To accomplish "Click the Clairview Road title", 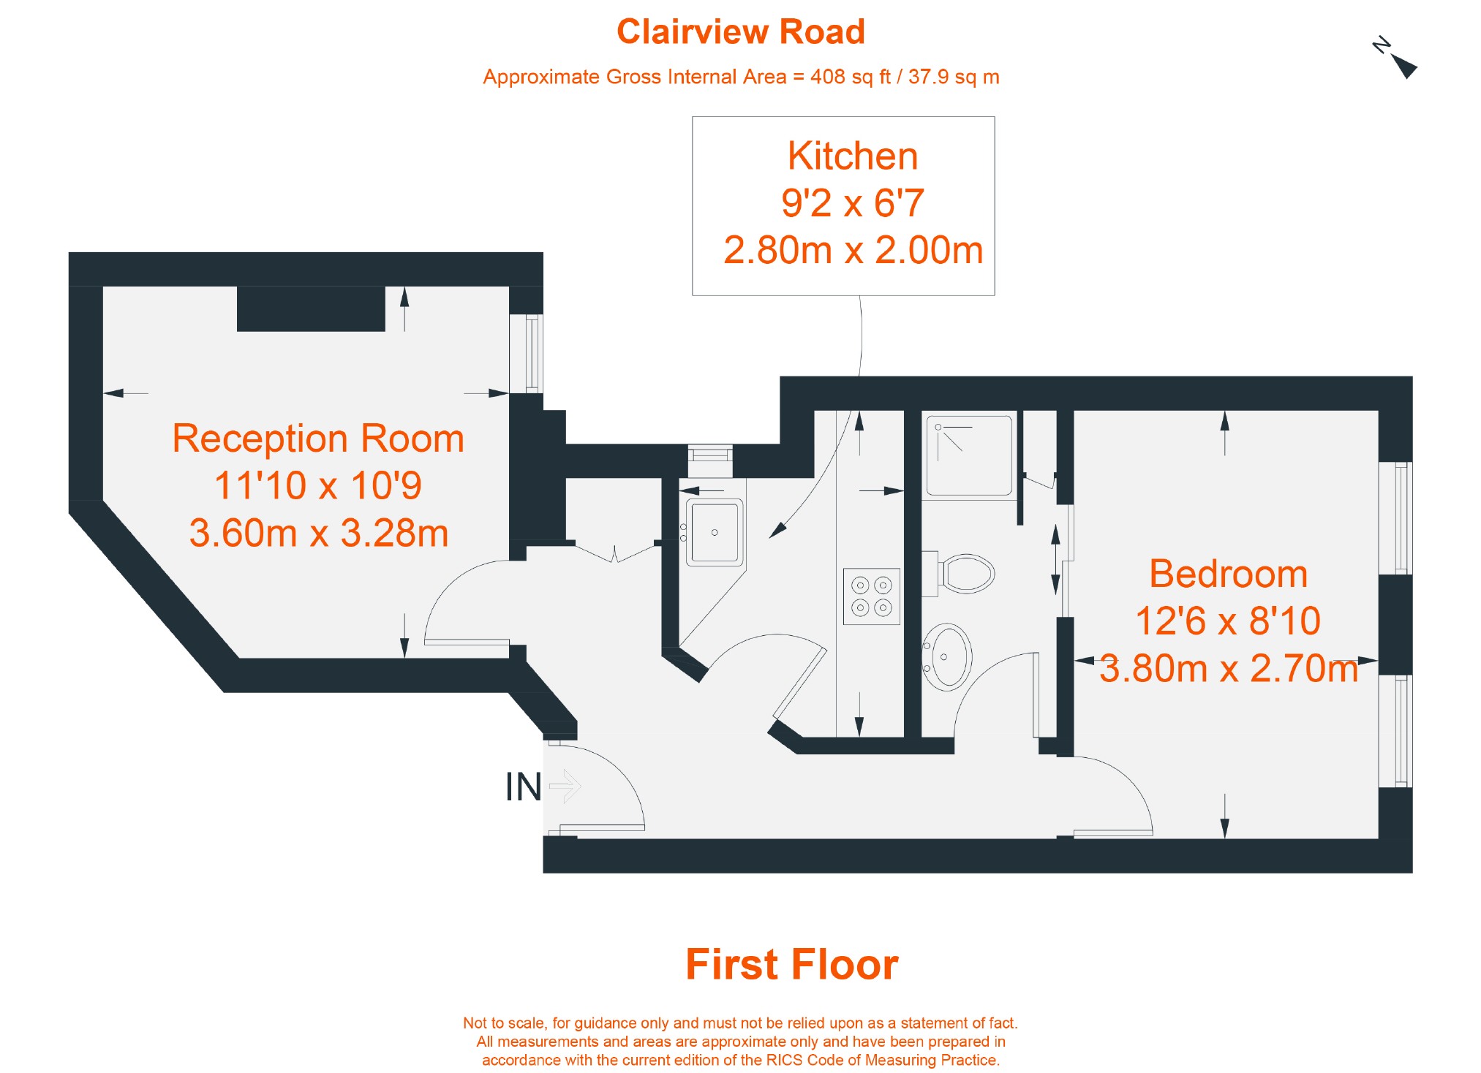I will pyautogui.click(x=740, y=32).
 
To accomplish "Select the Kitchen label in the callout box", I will pyautogui.click(x=852, y=156).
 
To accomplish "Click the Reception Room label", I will pyautogui.click(x=318, y=439).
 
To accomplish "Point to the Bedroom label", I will pyautogui.click(x=1228, y=574).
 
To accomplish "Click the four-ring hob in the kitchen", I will pyautogui.click(x=871, y=596).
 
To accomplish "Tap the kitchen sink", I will pyautogui.click(x=714, y=532).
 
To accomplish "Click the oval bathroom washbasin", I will pyautogui.click(x=947, y=656).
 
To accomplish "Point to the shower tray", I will pyautogui.click(x=969, y=455).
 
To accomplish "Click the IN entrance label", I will pyautogui.click(x=523, y=787).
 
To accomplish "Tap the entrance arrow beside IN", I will pyautogui.click(x=565, y=786).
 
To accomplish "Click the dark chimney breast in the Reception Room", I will pyautogui.click(x=311, y=308).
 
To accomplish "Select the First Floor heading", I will pyautogui.click(x=791, y=964).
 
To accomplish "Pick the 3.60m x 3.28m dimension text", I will pyautogui.click(x=319, y=533).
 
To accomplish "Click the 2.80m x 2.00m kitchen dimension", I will pyautogui.click(x=853, y=250).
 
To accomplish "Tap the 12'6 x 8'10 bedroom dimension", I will pyautogui.click(x=1228, y=621).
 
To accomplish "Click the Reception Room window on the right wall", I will pyautogui.click(x=534, y=354).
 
